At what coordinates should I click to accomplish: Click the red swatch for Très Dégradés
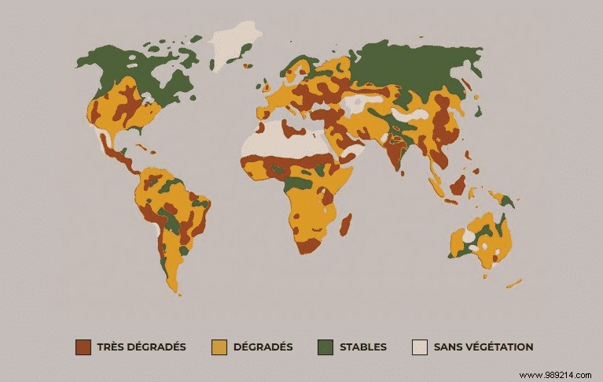(83, 347)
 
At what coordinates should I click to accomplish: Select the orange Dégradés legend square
(220, 347)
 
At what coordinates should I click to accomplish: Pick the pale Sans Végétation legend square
(420, 347)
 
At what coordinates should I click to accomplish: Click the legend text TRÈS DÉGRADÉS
(142, 347)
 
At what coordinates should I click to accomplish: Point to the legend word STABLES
(363, 347)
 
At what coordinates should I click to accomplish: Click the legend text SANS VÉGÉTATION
(484, 347)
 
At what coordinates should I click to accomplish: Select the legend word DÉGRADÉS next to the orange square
(263, 347)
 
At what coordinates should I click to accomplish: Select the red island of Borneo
(458, 185)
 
